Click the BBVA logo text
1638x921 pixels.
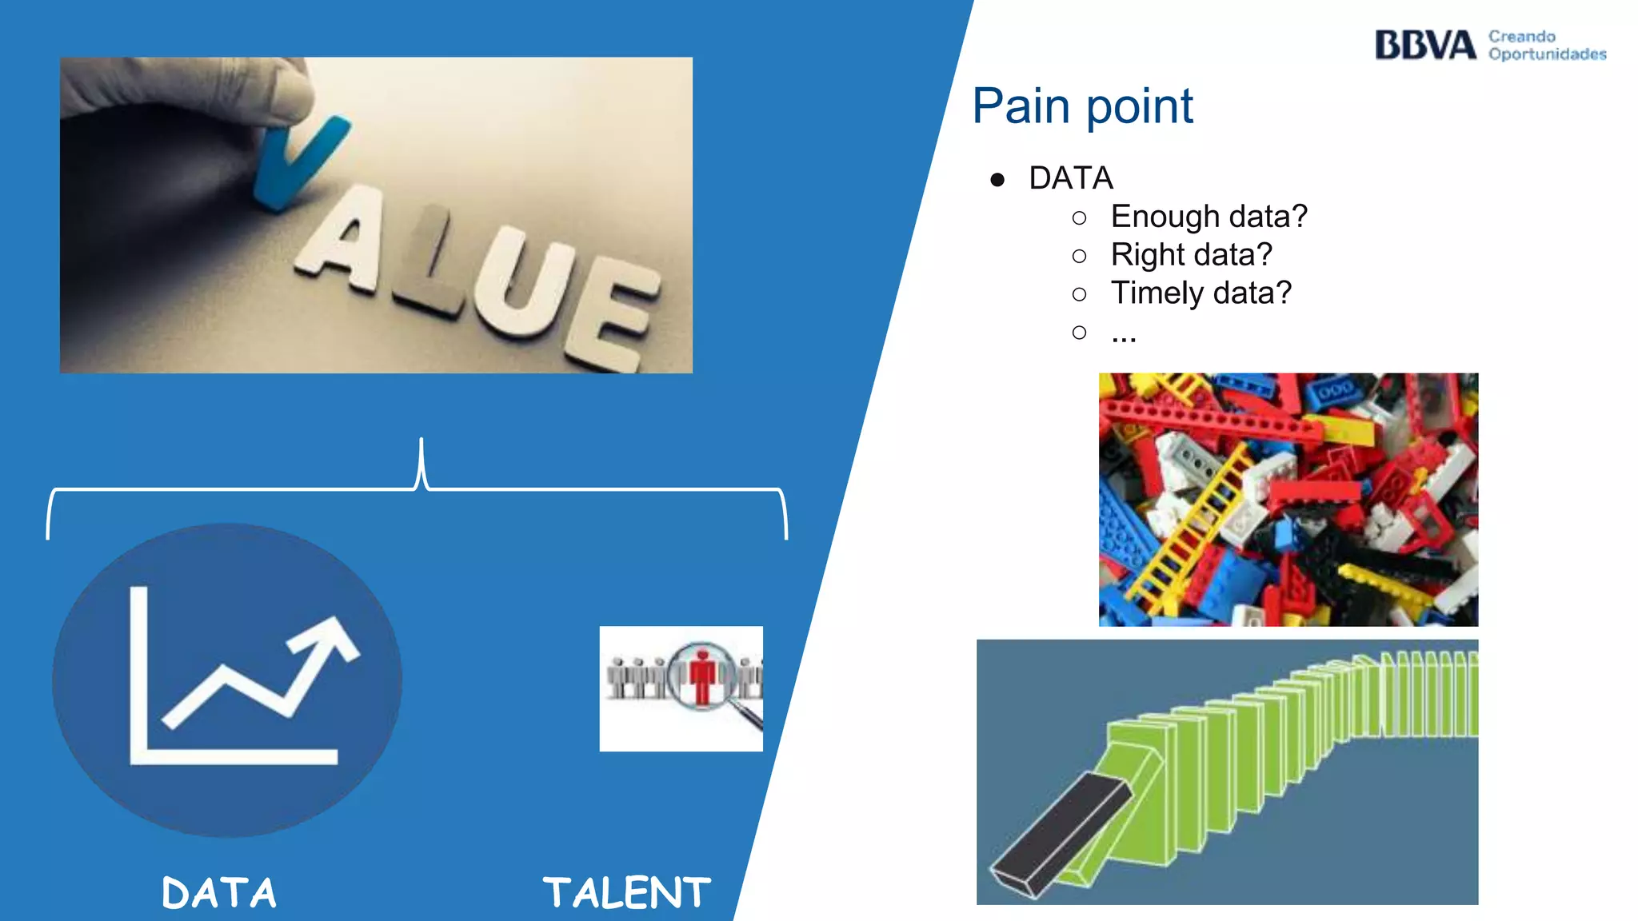click(x=1424, y=46)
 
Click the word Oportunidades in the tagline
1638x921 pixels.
click(x=1547, y=54)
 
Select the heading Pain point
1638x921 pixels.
click(x=1082, y=106)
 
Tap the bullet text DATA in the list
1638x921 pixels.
click(x=1071, y=178)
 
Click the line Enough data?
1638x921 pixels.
click(x=1209, y=217)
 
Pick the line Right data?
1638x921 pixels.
click(x=1191, y=255)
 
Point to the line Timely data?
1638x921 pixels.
click(x=1201, y=293)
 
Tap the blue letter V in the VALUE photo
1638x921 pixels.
click(x=296, y=160)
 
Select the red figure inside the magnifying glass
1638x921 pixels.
click(x=702, y=676)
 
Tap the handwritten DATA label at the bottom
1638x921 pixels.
click(x=218, y=893)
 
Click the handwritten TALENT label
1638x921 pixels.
click(x=626, y=893)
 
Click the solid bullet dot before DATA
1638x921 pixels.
click(x=997, y=180)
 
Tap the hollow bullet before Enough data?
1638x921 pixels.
click(x=1079, y=217)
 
